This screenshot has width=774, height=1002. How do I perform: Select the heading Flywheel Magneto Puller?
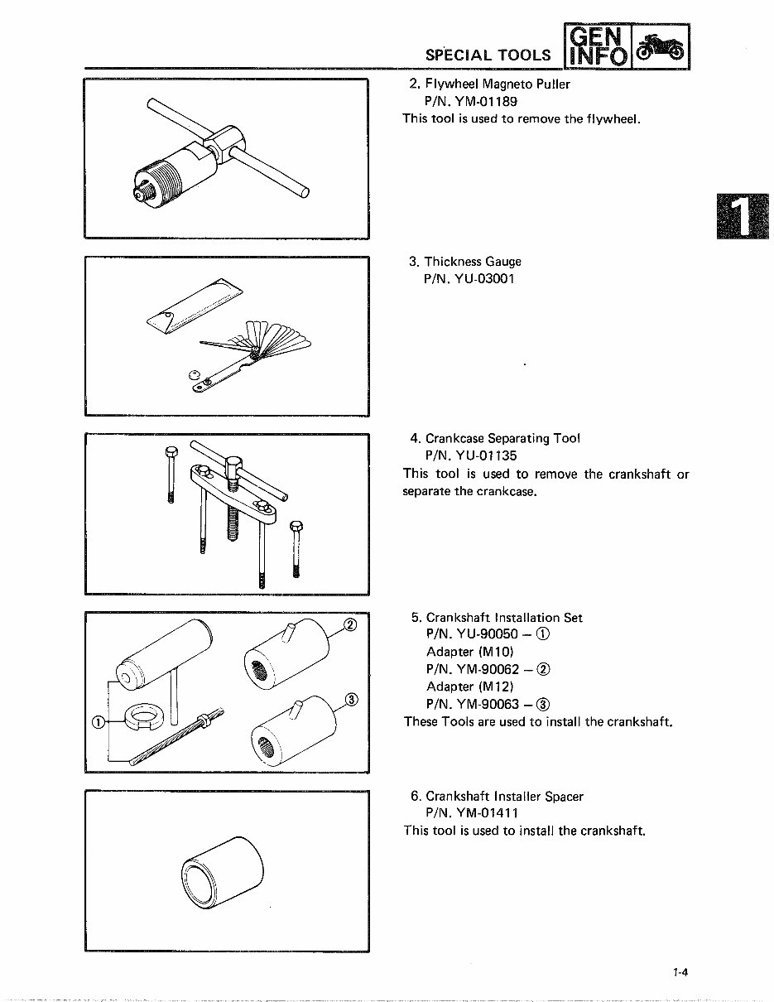pyautogui.click(x=498, y=84)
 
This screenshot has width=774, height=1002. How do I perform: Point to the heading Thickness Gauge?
pyautogui.click(x=473, y=262)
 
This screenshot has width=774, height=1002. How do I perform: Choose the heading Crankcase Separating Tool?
pyautogui.click(x=502, y=438)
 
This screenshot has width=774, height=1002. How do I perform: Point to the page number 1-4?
pyautogui.click(x=680, y=974)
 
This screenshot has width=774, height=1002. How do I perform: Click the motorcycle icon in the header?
pyautogui.click(x=662, y=46)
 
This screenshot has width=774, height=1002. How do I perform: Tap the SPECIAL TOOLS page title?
pyautogui.click(x=488, y=55)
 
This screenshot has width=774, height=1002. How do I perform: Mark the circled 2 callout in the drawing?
pyautogui.click(x=349, y=624)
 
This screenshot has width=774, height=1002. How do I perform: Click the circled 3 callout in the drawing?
pyautogui.click(x=349, y=700)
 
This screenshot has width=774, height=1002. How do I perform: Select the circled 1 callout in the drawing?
pyautogui.click(x=98, y=721)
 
